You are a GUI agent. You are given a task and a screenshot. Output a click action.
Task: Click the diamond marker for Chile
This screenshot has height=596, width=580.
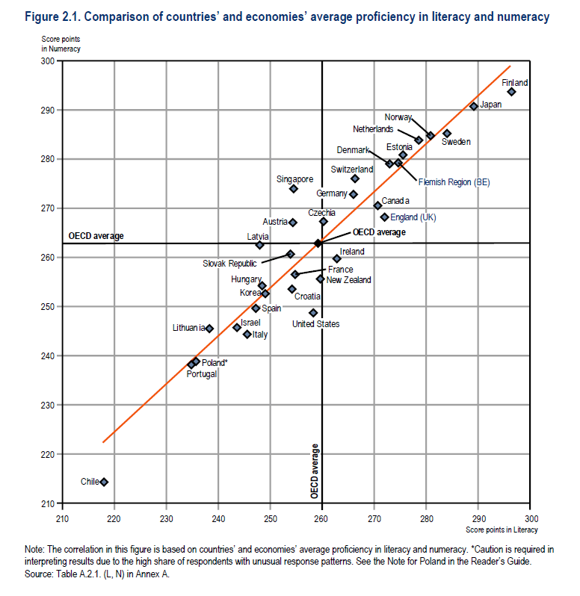(x=104, y=482)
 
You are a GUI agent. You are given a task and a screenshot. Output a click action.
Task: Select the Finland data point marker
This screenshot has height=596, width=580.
(x=511, y=92)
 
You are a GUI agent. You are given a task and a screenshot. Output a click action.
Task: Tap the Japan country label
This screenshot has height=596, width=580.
(x=490, y=105)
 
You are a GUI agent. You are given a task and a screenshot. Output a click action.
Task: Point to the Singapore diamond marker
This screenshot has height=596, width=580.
(x=294, y=189)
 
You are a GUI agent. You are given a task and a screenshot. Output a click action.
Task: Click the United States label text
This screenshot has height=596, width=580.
(x=315, y=324)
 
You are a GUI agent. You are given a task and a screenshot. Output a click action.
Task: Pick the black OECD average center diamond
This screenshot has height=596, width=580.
(x=318, y=243)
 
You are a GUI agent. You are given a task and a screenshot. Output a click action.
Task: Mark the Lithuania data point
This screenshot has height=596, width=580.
(x=209, y=329)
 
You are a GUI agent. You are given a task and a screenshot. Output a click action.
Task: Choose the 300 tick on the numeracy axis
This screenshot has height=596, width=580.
(x=51, y=60)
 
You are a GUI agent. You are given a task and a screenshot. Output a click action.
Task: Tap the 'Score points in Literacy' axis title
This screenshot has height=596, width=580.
(x=501, y=530)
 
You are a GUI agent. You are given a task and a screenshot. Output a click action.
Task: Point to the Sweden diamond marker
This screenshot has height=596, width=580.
(x=447, y=134)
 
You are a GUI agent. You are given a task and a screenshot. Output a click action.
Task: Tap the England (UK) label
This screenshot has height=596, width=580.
(x=413, y=217)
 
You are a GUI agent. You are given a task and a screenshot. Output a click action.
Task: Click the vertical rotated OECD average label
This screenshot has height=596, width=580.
(x=315, y=471)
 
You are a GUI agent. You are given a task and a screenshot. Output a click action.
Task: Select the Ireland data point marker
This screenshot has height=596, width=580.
(x=336, y=258)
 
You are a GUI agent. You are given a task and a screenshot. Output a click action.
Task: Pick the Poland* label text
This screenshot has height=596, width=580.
(x=215, y=362)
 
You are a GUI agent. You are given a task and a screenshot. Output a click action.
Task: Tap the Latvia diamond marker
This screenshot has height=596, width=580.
(x=259, y=245)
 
